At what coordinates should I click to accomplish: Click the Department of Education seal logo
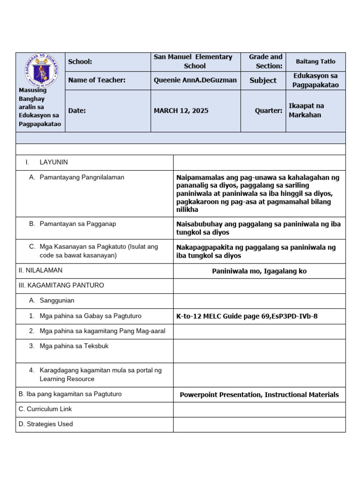pyautogui.click(x=40, y=70)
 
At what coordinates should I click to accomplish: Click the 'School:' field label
pyautogui.click(x=80, y=62)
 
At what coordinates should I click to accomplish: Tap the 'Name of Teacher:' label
pyautogui.click(x=97, y=80)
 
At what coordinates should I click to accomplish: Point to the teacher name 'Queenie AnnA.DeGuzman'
pyautogui.click(x=195, y=80)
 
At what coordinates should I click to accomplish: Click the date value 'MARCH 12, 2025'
pyautogui.click(x=181, y=111)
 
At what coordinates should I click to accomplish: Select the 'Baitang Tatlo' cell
pyautogui.click(x=315, y=61)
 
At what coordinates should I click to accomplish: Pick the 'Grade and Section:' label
pyautogui.click(x=265, y=61)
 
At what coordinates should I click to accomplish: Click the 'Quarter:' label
pyautogui.click(x=268, y=111)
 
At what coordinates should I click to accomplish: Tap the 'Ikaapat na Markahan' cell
pyautogui.click(x=306, y=110)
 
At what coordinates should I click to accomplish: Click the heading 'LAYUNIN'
pyautogui.click(x=53, y=162)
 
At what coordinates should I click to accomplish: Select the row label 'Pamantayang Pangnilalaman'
pyautogui.click(x=82, y=177)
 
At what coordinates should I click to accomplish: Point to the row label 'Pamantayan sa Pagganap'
pyautogui.click(x=78, y=224)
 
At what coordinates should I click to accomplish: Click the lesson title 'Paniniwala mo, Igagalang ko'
pyautogui.click(x=259, y=271)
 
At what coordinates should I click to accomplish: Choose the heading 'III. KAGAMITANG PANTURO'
pyautogui.click(x=61, y=285)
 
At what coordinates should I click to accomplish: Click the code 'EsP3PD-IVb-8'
pyautogui.click(x=294, y=316)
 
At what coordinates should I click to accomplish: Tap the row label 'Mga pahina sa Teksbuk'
pyautogui.click(x=75, y=346)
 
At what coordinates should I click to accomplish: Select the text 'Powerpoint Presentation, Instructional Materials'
pyautogui.click(x=259, y=395)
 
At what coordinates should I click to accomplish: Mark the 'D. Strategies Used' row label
pyautogui.click(x=46, y=424)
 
